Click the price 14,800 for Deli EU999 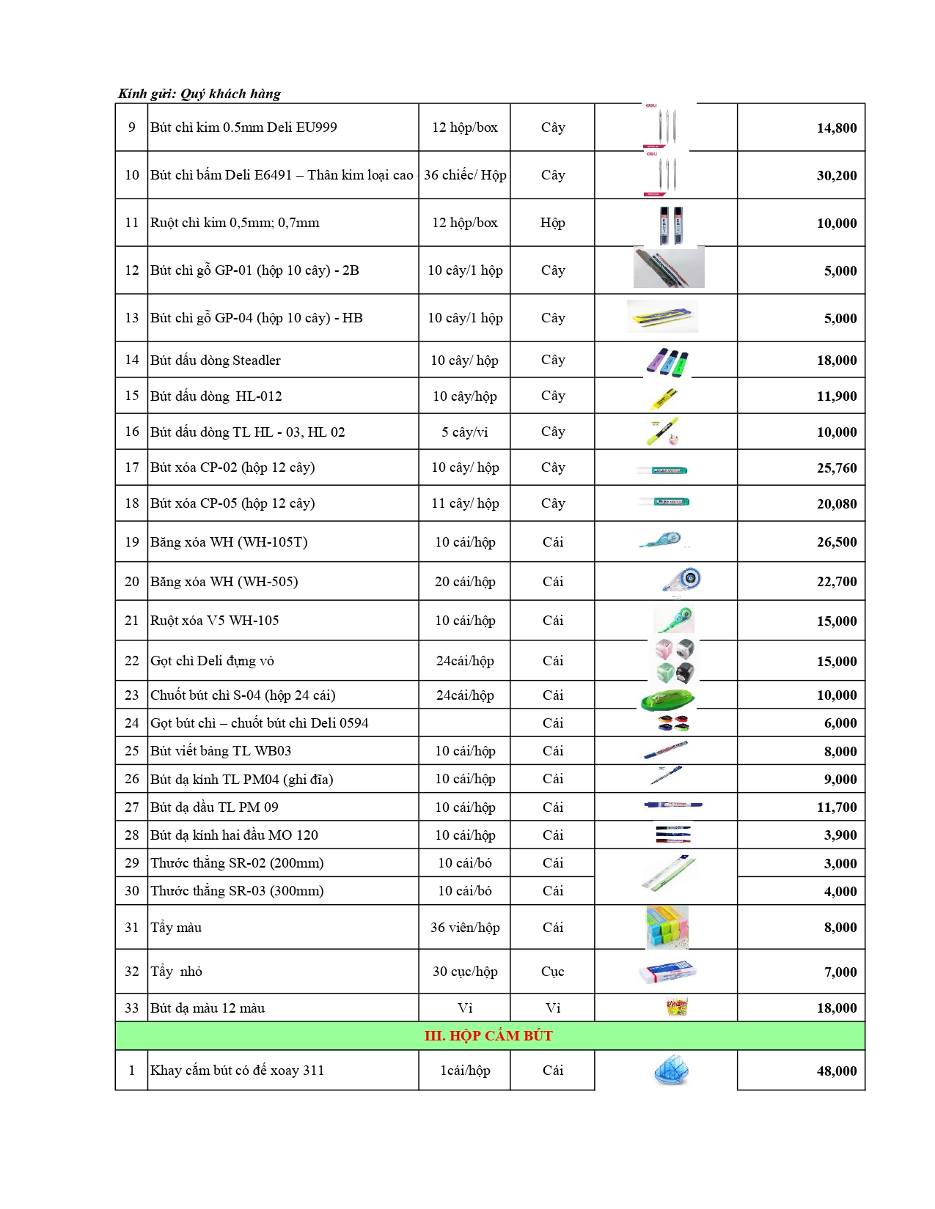(836, 128)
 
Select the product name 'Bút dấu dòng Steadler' (215, 361)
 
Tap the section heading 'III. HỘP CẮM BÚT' (488, 1036)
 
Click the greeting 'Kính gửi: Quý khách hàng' (199, 94)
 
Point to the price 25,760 (836, 468)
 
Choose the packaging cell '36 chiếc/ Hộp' (465, 175)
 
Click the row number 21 (131, 621)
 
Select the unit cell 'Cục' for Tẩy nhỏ (552, 972)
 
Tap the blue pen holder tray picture (671, 1071)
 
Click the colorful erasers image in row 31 (667, 927)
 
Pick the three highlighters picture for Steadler (667, 362)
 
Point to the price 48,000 (836, 1071)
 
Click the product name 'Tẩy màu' (176, 928)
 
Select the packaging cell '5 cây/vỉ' (464, 432)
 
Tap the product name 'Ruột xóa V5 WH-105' (214, 621)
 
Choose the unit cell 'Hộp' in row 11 (552, 223)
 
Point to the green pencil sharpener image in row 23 (667, 700)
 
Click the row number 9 (131, 127)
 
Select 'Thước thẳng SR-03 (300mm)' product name (237, 891)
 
